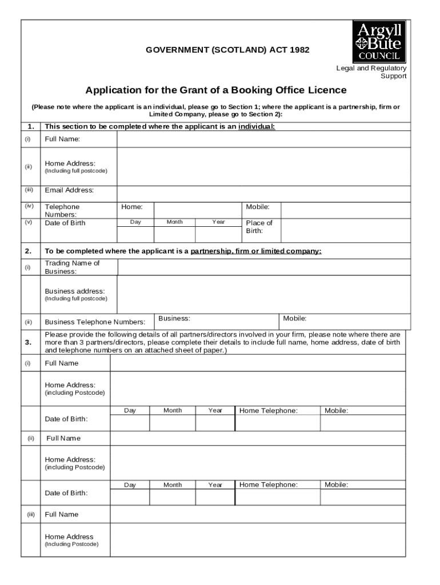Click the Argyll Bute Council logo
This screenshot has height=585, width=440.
point(379,42)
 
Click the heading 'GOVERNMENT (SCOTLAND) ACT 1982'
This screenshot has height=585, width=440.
point(227,50)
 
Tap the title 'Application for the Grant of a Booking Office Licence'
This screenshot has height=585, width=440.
point(216,90)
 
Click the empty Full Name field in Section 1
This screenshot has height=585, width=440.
point(263,139)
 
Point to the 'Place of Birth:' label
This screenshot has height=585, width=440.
point(259,227)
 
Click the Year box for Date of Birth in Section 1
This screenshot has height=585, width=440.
point(218,234)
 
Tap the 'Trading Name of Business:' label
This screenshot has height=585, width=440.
point(72,267)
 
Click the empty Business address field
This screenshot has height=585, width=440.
point(263,294)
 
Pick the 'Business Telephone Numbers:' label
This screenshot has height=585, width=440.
point(95,322)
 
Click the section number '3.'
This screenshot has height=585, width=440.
point(28,342)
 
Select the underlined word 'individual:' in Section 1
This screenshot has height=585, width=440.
point(257,127)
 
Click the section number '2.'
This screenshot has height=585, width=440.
point(28,251)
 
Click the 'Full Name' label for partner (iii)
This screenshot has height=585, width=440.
point(62,514)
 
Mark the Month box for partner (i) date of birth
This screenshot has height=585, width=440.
point(173,423)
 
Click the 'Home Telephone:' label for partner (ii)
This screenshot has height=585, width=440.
point(269,485)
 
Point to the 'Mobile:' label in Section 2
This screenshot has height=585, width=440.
point(295,318)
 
